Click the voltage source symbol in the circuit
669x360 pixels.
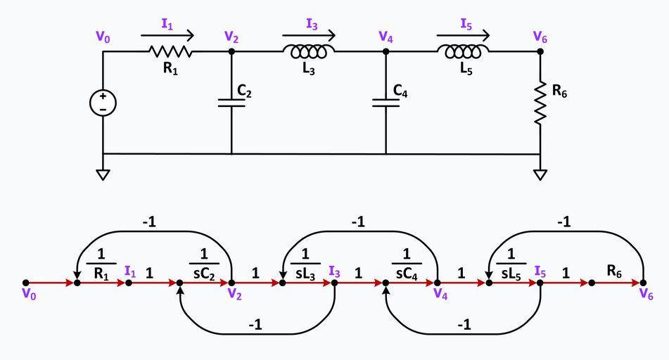103,103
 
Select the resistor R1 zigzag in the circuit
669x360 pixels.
170,51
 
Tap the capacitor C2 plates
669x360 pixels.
231,103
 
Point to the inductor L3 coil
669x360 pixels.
309,51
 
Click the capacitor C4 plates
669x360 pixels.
386,103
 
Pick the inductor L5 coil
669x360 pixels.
463,51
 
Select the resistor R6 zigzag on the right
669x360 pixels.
540,103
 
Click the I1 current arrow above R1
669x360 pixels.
167,33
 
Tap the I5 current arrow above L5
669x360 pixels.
463,33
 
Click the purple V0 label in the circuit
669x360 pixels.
103,37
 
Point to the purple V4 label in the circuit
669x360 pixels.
386,37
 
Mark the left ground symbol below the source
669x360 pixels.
103,174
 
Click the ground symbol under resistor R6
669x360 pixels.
540,174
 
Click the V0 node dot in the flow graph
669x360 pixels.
26,283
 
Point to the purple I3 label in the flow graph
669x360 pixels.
335,271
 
